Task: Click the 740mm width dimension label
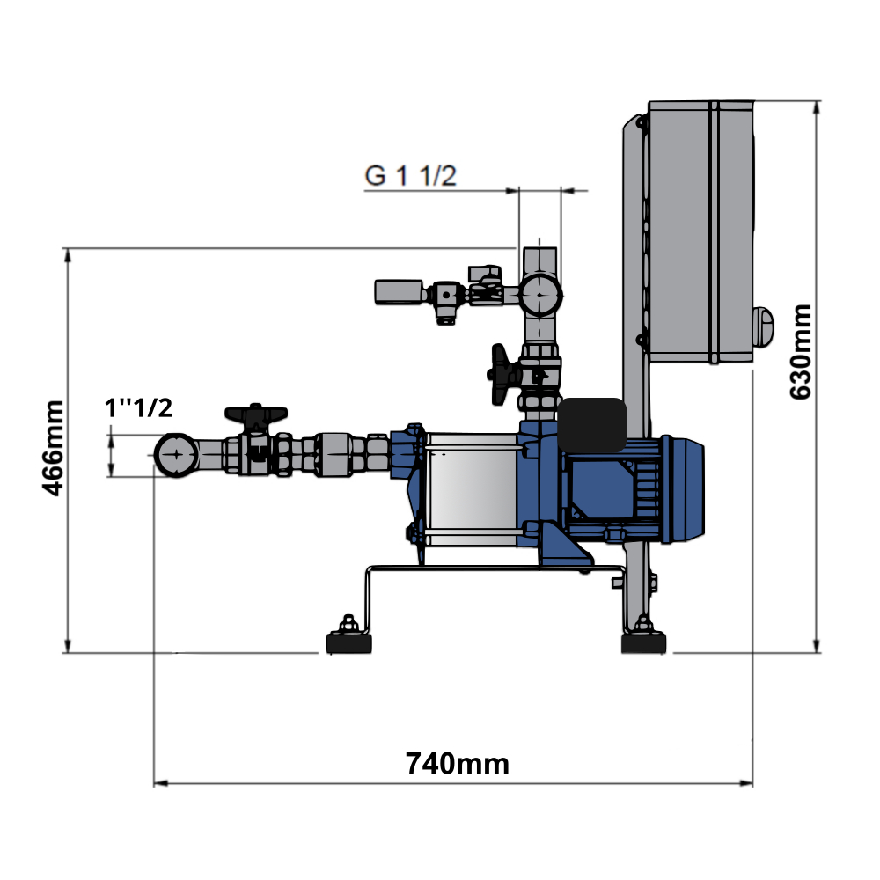tap(458, 764)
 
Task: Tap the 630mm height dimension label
tap(800, 352)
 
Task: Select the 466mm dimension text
tap(54, 449)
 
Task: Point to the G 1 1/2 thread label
tap(410, 176)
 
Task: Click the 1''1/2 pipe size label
tap(139, 408)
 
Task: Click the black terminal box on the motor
tap(592, 425)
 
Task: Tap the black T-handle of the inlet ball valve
tap(256, 414)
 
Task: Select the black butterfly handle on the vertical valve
tap(499, 374)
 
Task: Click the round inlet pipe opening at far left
tap(176, 455)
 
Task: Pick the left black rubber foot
tap(349, 643)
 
